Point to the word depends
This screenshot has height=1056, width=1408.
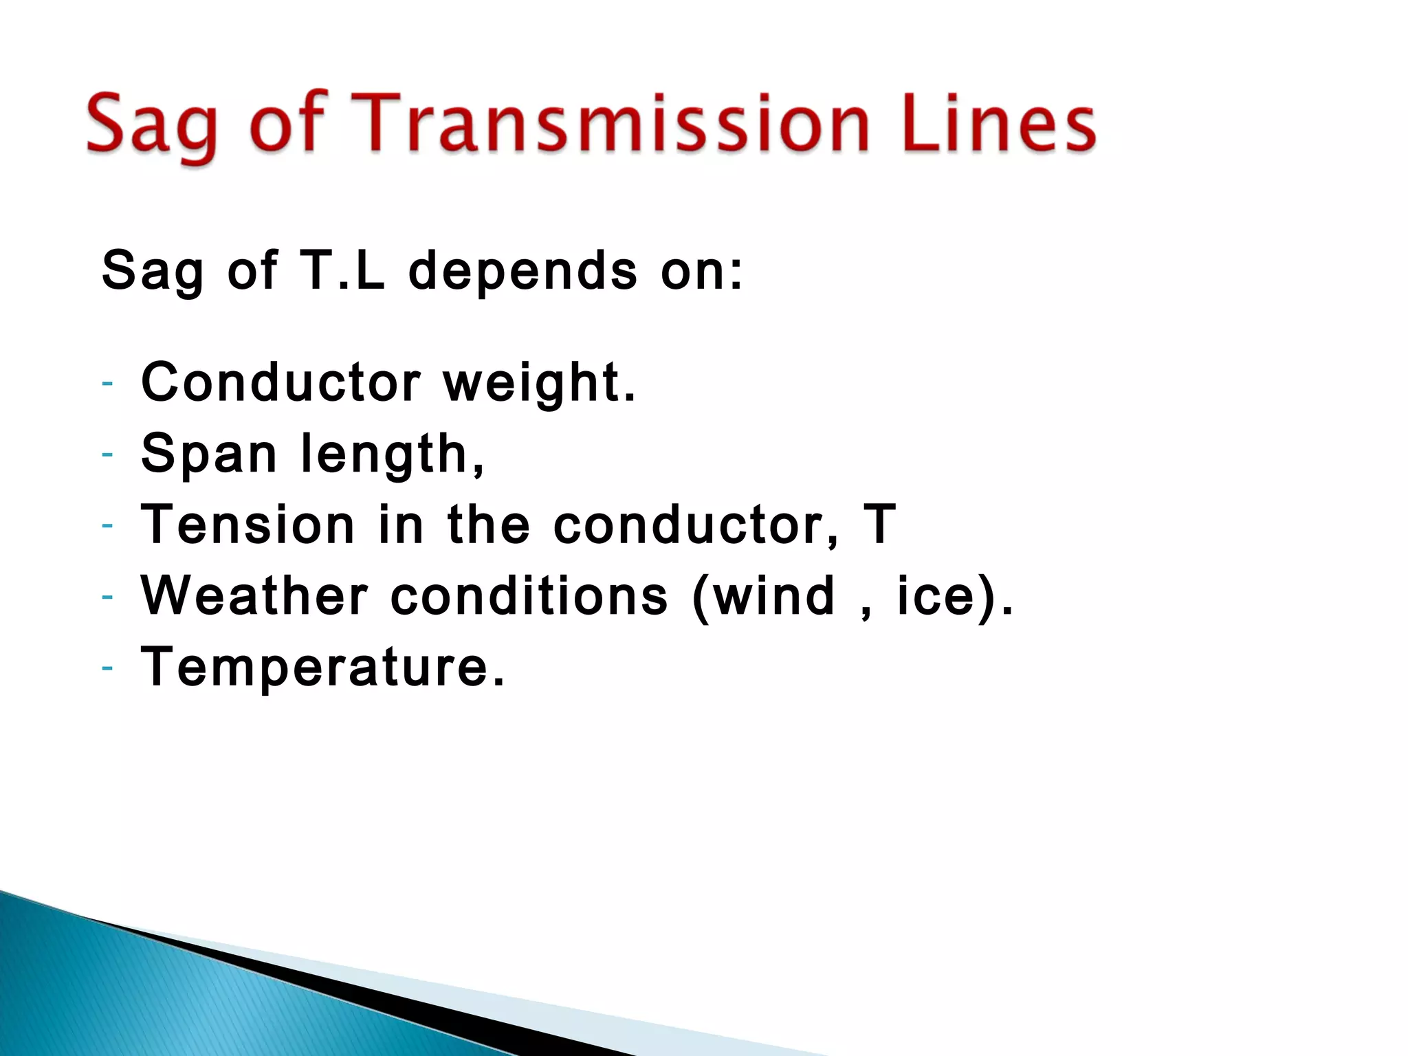click(523, 271)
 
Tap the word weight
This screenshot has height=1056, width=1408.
click(539, 384)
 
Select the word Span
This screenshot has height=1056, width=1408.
click(209, 454)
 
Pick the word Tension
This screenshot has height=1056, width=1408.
click(248, 524)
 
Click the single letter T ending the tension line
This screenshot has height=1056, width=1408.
click(879, 524)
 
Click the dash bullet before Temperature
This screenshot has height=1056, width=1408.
click(107, 668)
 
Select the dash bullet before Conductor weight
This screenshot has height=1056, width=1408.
click(107, 383)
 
